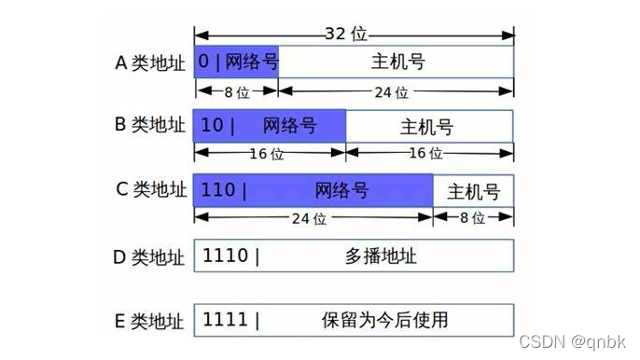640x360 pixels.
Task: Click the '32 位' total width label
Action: point(346,34)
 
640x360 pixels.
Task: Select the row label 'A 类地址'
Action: point(149,63)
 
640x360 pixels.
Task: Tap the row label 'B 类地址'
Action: point(149,124)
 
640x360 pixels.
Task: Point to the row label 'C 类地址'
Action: point(149,190)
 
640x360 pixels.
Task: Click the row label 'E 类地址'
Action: point(149,321)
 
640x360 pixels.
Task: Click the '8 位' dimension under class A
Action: point(237,92)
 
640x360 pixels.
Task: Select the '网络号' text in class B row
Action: point(288,125)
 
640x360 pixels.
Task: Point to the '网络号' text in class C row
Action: point(341,191)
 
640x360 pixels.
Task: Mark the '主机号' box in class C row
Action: point(473,192)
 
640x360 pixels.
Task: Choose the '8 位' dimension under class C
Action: point(473,219)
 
